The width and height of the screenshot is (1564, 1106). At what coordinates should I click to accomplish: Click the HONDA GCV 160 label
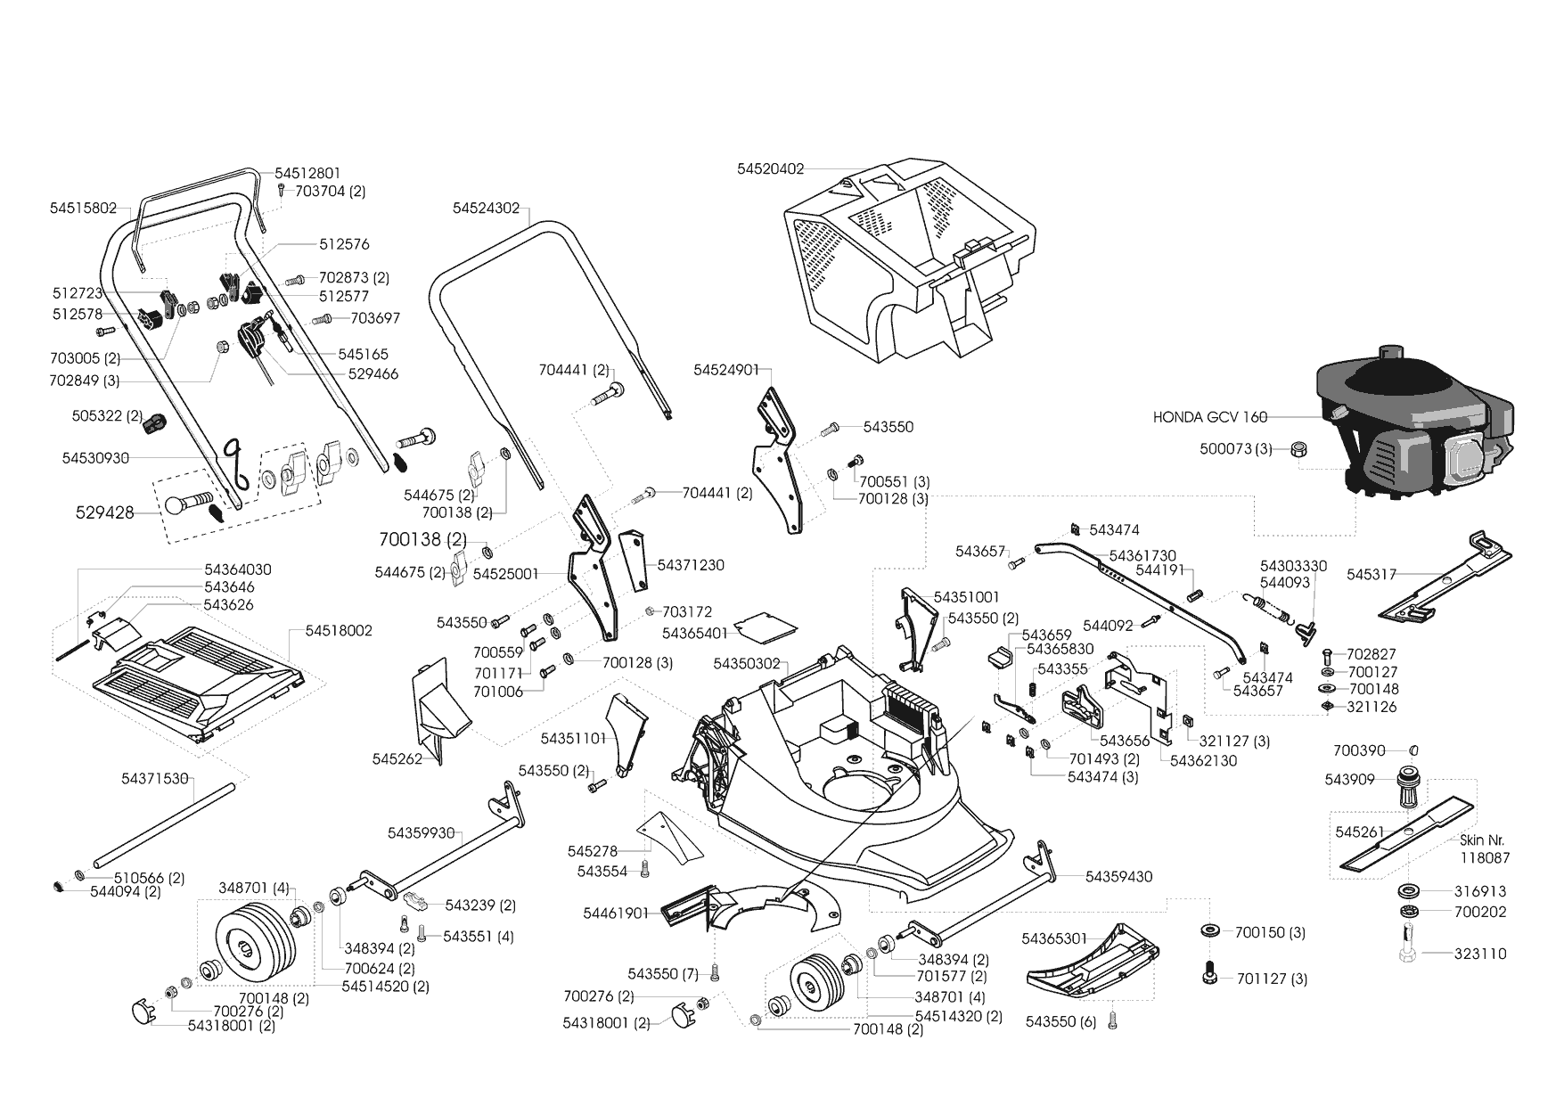[x=1209, y=416]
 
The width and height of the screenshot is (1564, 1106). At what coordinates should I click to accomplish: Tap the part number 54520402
[x=770, y=168]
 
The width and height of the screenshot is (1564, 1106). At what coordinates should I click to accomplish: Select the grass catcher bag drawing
[x=909, y=258]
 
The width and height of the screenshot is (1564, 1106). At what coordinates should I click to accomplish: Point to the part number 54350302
[x=746, y=664]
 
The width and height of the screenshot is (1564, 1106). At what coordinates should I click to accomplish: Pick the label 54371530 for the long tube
[x=154, y=779]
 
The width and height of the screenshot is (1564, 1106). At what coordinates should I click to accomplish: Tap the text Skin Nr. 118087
[x=1484, y=848]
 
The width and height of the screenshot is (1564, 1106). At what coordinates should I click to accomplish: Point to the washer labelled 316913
[x=1410, y=891]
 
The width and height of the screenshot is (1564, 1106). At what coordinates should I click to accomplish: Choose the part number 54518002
[x=339, y=630]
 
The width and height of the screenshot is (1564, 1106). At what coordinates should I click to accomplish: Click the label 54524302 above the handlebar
[x=486, y=208]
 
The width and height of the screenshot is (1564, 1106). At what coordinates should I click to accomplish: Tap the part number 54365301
[x=1054, y=938]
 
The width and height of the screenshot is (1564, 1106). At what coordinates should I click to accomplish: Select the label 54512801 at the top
[x=307, y=173]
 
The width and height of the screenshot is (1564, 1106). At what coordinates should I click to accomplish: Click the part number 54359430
[x=1118, y=877]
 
